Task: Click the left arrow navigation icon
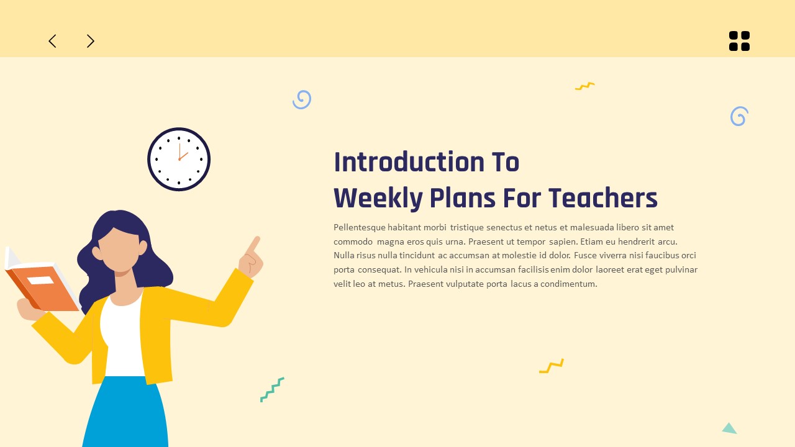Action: click(52, 41)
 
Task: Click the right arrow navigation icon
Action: click(91, 41)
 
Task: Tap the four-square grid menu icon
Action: click(739, 41)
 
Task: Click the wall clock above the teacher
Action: click(179, 159)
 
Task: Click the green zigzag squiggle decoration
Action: click(272, 389)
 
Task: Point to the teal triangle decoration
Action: click(729, 428)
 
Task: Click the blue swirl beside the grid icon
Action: click(739, 116)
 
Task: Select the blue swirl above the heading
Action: click(302, 99)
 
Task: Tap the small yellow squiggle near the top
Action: click(584, 86)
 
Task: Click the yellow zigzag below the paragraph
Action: click(552, 366)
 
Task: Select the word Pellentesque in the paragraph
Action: click(359, 227)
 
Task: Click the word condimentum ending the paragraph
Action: click(568, 284)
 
